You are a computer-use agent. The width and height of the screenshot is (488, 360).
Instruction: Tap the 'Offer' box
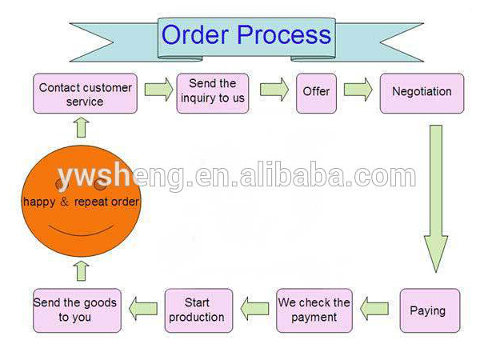point(316,92)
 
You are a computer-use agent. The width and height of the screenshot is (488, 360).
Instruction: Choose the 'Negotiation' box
point(422,92)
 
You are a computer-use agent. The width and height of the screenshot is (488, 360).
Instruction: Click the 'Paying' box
point(430,310)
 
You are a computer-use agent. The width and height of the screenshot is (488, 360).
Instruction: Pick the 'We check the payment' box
point(314,310)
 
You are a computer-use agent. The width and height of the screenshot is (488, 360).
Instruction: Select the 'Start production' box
point(198,310)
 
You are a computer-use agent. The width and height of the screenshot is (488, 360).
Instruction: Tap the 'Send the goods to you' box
point(76,310)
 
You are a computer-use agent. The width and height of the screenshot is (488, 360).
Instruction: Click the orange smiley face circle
point(80,200)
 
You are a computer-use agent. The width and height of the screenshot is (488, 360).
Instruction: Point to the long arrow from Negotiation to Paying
point(435,196)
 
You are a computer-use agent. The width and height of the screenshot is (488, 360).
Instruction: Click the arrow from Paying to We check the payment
point(374,306)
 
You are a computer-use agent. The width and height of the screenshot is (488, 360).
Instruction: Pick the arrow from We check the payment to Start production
point(255,306)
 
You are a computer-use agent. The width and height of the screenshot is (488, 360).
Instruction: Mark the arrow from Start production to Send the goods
point(143,306)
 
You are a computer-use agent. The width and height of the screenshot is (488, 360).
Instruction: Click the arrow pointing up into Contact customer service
point(80,126)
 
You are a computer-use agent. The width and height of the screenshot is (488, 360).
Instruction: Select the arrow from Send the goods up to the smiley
point(81,270)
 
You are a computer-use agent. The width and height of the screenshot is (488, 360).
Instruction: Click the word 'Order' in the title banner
point(199,34)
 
